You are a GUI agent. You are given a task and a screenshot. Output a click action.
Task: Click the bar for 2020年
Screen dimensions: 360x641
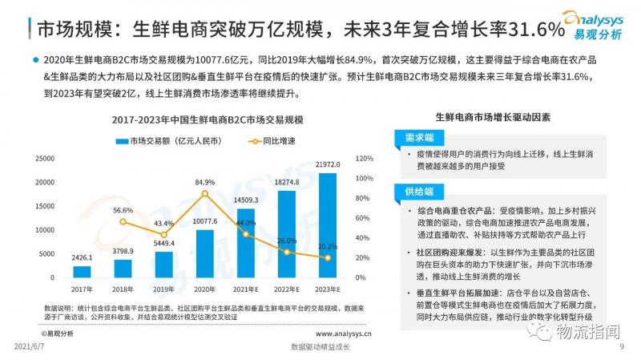pyautogui.click(x=204, y=253)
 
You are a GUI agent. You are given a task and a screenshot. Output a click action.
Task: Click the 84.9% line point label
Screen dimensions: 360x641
pyautogui.click(x=204, y=182)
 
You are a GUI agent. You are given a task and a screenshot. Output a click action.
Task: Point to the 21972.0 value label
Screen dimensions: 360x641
pyautogui.click(x=327, y=164)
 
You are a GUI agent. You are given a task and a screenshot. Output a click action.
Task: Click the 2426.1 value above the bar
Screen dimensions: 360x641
pyautogui.click(x=82, y=258)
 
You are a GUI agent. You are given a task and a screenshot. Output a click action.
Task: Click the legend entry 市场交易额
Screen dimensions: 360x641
pyautogui.click(x=165, y=141)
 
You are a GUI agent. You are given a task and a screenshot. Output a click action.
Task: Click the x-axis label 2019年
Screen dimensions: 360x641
pyautogui.click(x=163, y=288)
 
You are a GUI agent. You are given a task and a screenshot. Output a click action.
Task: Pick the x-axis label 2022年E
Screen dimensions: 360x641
pyautogui.click(x=286, y=288)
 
